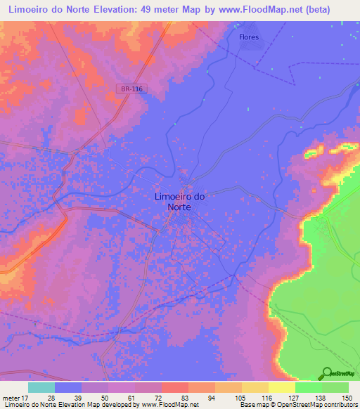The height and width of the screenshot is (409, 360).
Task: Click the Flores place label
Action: click(x=249, y=37)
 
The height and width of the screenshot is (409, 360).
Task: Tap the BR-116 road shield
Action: click(x=131, y=89)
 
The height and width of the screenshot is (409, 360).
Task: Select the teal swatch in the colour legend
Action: click(x=41, y=387)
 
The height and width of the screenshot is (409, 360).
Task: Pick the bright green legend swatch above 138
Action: click(x=308, y=387)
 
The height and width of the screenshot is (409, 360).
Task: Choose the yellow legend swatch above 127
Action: click(x=281, y=387)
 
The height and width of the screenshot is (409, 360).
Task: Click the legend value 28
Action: click(x=51, y=398)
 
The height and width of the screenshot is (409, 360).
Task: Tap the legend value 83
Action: click(x=185, y=398)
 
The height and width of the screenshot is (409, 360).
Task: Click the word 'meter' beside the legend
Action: click(x=12, y=398)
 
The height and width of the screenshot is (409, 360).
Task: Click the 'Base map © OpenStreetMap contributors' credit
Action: click(x=298, y=405)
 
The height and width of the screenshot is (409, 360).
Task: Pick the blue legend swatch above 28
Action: click(x=68, y=387)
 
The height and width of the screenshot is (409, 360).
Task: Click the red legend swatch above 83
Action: click(x=174, y=387)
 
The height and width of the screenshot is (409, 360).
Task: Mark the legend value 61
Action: click(x=131, y=398)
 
